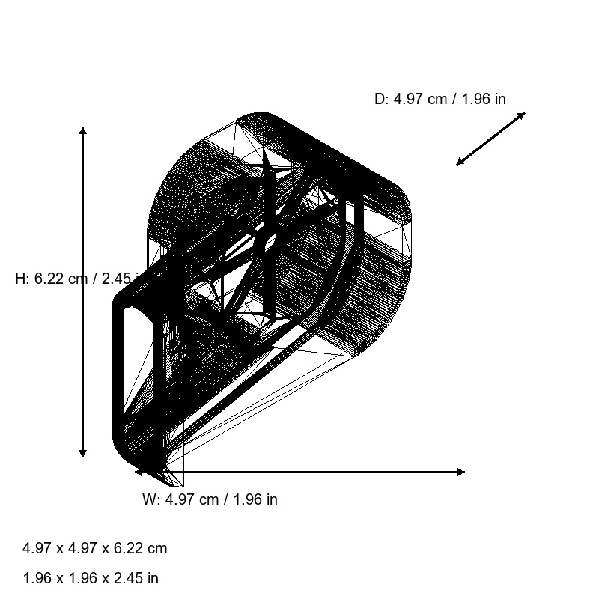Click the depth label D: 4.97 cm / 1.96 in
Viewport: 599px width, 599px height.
(440, 99)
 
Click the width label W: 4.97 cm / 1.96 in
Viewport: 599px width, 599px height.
(210, 499)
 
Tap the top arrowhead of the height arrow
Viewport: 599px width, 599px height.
(82, 131)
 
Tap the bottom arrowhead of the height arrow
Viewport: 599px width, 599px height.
(82, 453)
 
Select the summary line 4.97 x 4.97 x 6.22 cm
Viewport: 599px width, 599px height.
(95, 548)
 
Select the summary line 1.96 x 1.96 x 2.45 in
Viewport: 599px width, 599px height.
(91, 578)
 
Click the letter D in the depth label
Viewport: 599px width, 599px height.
(380, 99)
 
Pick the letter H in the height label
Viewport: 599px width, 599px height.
(21, 279)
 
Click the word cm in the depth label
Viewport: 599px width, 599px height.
(437, 99)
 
